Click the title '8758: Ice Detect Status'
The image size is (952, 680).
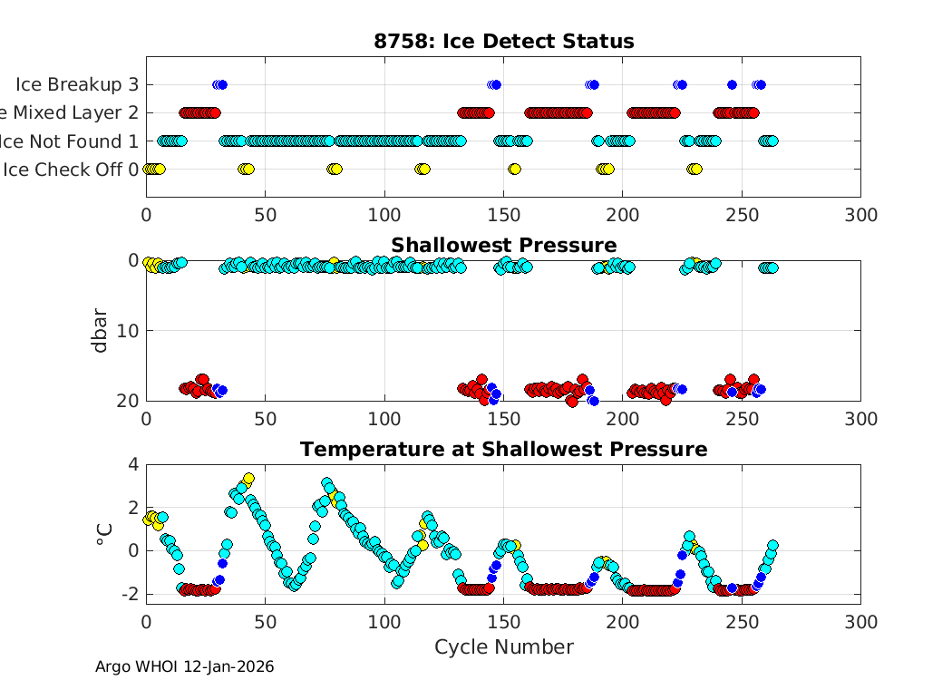503,42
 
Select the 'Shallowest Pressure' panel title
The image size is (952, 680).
503,246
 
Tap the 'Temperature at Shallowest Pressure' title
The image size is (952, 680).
503,450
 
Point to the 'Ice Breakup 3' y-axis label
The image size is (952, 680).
77,85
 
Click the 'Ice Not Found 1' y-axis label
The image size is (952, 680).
70,141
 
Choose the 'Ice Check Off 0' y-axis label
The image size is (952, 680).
71,170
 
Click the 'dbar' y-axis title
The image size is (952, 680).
102,330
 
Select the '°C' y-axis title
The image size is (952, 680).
103,534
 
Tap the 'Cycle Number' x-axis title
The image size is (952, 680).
503,647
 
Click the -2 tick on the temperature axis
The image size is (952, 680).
129,594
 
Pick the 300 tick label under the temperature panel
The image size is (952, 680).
860,622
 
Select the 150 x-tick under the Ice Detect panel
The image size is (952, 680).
503,215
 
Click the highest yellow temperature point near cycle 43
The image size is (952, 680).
248,479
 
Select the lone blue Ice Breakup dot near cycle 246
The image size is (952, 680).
732,85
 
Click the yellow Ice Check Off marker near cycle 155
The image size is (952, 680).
515,170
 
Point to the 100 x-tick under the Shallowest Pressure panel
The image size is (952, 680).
384,419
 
